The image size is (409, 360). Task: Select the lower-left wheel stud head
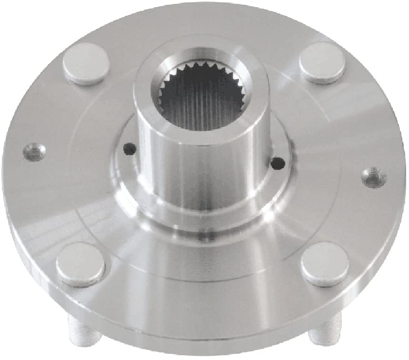coord(80,263)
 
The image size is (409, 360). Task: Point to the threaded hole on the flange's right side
coord(373,177)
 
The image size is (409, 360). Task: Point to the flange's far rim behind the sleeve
coord(205,19)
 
